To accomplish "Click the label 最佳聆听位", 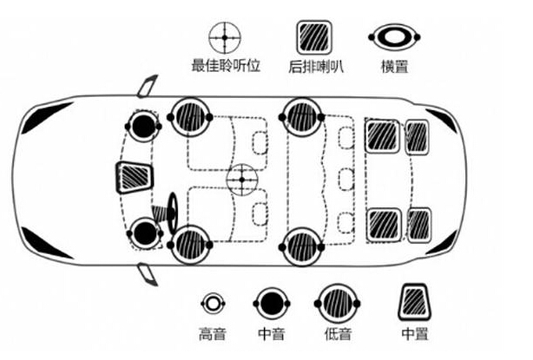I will click(x=226, y=66).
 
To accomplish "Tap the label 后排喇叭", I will click(x=314, y=66).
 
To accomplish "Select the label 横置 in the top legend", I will click(x=395, y=66).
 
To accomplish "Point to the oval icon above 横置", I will click(x=395, y=37).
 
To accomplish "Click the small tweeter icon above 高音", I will click(x=213, y=304).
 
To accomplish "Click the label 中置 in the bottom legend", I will click(x=415, y=334).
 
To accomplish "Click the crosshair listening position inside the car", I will click(x=242, y=180).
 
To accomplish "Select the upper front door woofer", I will click(x=189, y=116).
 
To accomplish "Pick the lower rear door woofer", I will click(x=300, y=246).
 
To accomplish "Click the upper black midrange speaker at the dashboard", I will click(x=143, y=126).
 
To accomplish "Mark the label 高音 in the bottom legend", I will click(x=213, y=334).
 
